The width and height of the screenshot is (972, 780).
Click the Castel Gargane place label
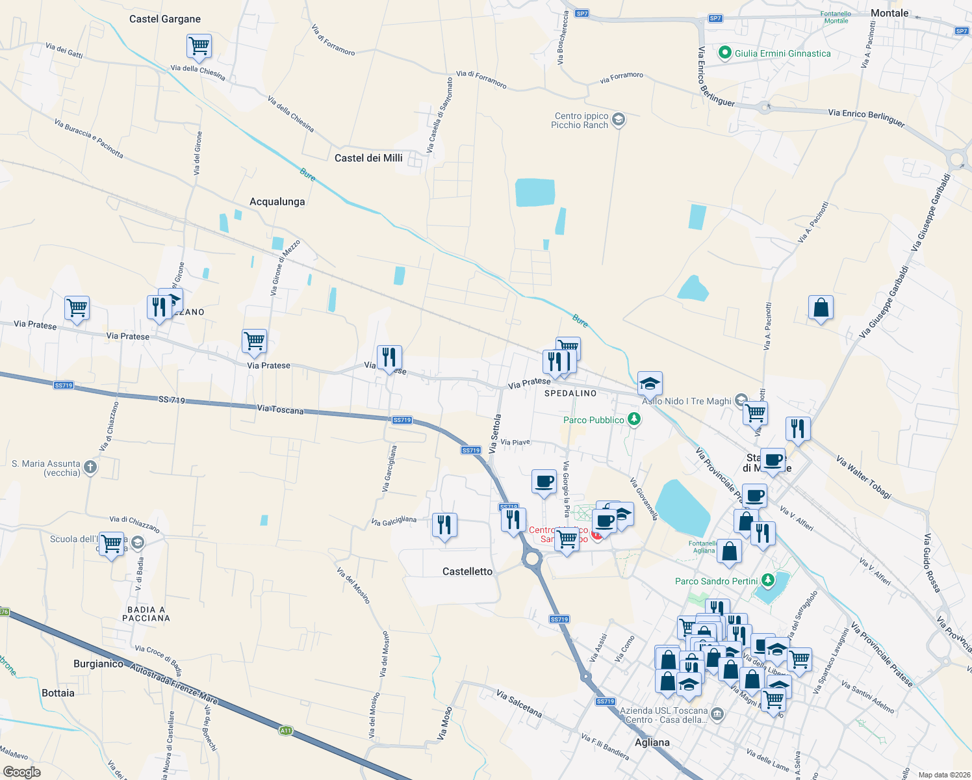coord(165,19)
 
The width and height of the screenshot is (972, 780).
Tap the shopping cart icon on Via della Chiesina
coord(199,47)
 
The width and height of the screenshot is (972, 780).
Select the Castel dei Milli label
coord(368,158)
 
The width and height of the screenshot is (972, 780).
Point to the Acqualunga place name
coord(277,201)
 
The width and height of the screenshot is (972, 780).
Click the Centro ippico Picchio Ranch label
coord(580,121)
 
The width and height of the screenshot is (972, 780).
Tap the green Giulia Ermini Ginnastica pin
coord(725,53)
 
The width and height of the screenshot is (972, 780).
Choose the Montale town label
coord(889,13)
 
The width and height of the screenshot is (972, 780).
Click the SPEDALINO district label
coord(570,393)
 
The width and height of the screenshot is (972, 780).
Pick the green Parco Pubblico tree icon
coord(634,420)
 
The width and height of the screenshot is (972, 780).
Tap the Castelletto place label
coord(467,571)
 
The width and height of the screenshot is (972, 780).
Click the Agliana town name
coord(652,742)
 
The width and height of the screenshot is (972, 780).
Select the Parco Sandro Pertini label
coord(716,581)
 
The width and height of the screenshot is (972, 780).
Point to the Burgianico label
coord(99,664)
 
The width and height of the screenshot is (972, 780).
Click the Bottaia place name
coord(58,693)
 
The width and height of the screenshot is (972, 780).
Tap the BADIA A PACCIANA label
coord(146,614)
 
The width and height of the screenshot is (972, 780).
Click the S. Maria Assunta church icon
coord(90,467)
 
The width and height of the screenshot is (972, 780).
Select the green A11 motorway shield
coord(285,731)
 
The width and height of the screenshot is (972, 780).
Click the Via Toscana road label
coord(280,409)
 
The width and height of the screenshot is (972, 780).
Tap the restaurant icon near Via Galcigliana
coord(444,525)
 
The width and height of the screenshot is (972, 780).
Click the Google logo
coord(22,772)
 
